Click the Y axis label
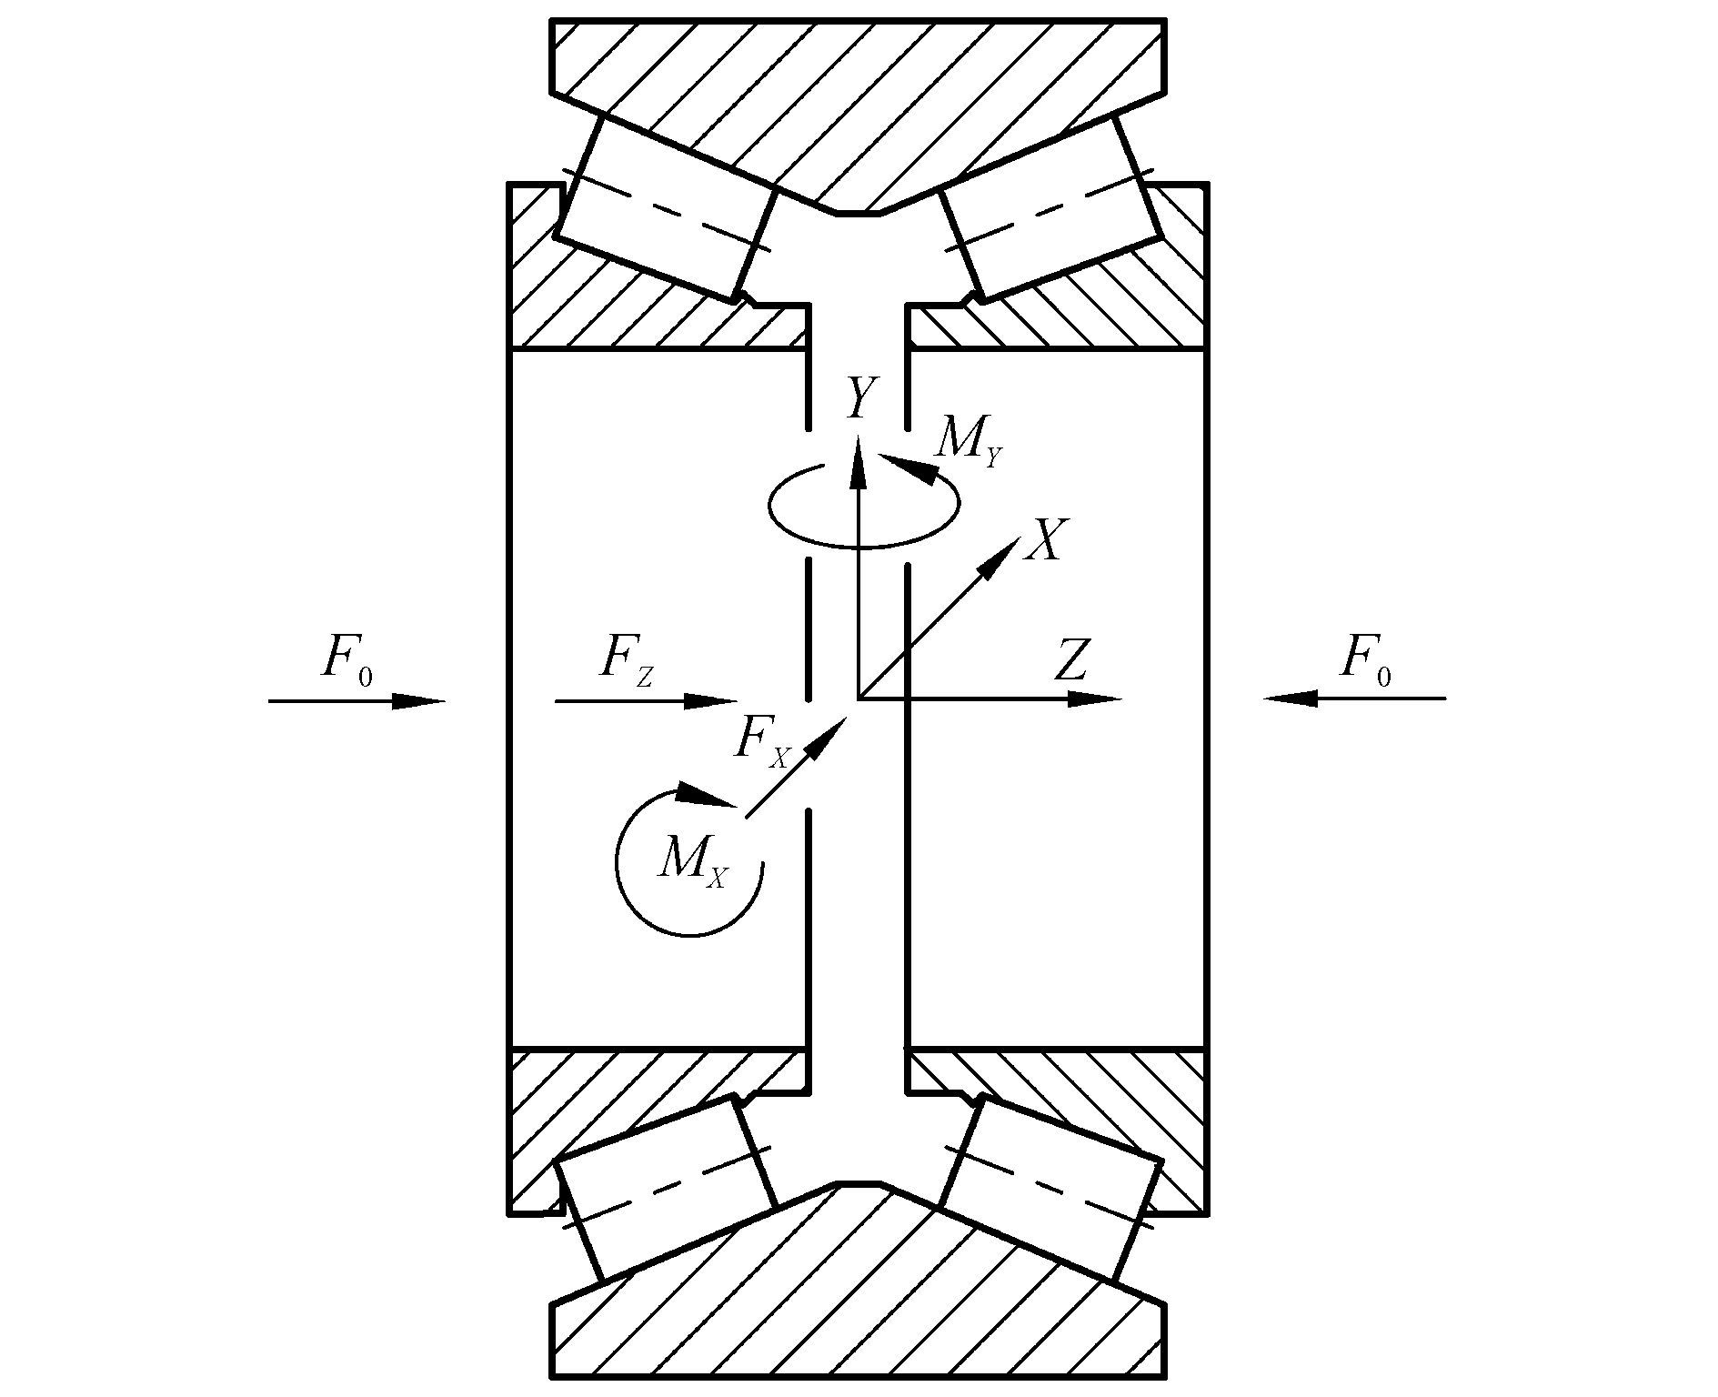tap(860, 398)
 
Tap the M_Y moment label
tap(969, 442)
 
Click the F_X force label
tap(760, 742)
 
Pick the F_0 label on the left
tap(347, 660)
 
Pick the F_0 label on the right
tap(1365, 660)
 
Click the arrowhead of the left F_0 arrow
tap(420, 701)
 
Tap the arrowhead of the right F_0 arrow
tap(1290, 698)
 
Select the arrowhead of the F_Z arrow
tap(711, 701)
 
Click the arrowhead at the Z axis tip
tap(1095, 699)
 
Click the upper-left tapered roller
tap(667, 209)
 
